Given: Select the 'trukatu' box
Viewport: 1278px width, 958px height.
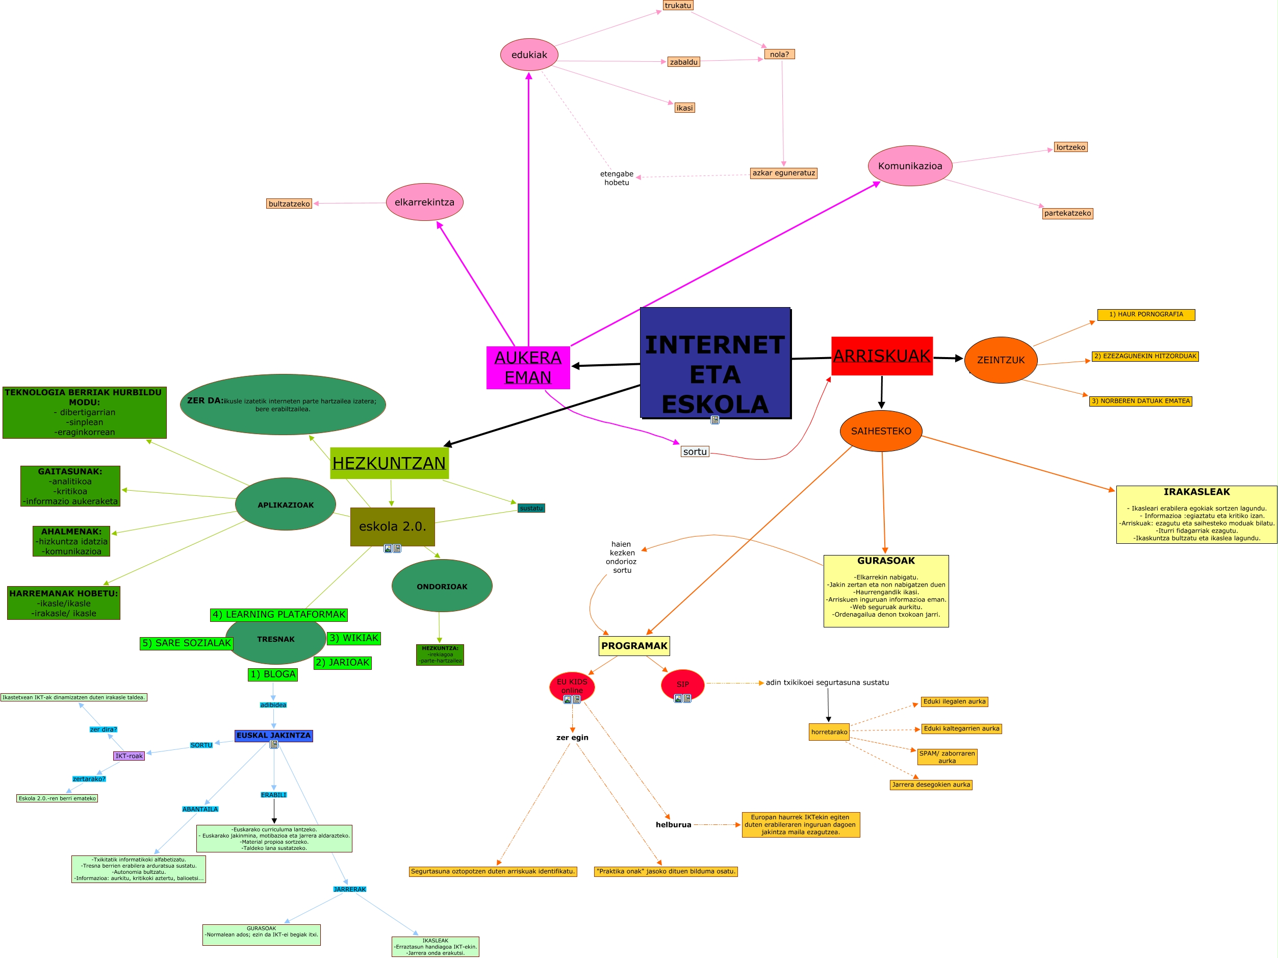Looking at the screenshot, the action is point(678,6).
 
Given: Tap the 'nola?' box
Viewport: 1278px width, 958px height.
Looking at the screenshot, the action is point(779,54).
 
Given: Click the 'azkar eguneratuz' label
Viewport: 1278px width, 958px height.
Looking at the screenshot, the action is point(783,173).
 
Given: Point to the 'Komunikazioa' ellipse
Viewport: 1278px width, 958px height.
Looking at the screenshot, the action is point(909,166).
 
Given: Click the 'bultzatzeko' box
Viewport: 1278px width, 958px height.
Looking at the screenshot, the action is point(289,204).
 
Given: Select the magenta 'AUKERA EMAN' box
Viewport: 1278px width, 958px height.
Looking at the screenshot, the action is point(527,367).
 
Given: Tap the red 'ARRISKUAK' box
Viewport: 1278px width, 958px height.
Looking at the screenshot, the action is point(882,356).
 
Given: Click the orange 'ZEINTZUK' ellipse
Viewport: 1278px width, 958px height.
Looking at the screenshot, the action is point(1000,360).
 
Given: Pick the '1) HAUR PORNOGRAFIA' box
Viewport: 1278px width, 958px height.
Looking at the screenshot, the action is point(1146,314).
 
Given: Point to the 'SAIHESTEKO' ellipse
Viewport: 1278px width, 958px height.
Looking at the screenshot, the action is point(881,431).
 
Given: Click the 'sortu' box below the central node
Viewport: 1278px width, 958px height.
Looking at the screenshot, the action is point(695,452).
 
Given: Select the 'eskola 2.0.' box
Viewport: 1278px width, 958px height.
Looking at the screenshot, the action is point(392,526).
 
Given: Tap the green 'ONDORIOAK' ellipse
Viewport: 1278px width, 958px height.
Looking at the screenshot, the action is point(442,586).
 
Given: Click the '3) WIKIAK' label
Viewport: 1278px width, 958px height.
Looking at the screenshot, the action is point(353,638).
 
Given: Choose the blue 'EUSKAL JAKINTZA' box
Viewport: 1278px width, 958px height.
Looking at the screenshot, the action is point(273,736).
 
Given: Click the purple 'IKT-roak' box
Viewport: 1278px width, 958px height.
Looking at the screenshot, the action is point(129,756).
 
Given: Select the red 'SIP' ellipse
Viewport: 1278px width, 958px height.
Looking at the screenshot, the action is point(682,684).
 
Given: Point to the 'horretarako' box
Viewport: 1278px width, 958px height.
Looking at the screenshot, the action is point(829,732).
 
